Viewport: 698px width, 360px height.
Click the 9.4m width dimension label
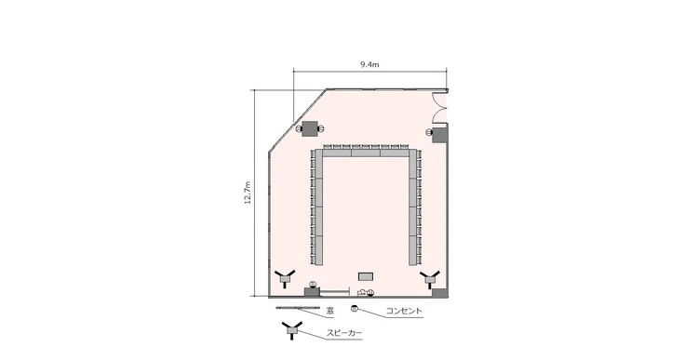coord(369,64)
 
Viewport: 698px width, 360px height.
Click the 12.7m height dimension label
coord(248,193)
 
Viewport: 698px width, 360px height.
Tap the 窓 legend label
coord(329,311)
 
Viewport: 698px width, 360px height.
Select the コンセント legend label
coord(404,311)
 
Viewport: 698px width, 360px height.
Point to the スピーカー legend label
coord(344,333)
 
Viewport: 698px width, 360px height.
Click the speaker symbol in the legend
coord(292,329)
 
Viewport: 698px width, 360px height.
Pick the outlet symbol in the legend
coord(355,308)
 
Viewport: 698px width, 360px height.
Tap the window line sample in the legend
coord(298,308)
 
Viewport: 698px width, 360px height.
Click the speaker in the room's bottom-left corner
coord(284,278)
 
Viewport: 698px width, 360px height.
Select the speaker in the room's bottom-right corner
coord(430,278)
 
